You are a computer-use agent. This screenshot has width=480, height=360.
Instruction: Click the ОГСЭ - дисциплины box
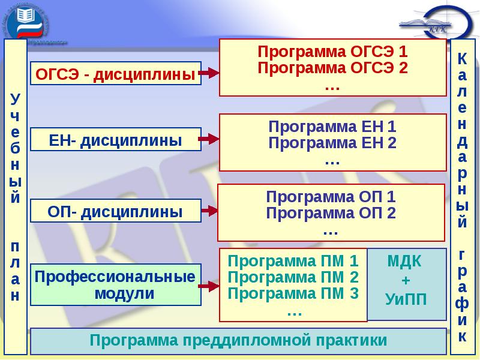click(115, 74)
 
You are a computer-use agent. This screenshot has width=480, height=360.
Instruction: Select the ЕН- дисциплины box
click(115, 140)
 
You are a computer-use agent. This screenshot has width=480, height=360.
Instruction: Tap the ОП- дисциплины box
click(115, 211)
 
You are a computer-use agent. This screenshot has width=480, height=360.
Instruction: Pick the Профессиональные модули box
click(115, 285)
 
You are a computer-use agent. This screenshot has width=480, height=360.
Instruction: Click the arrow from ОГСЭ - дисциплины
click(209, 73)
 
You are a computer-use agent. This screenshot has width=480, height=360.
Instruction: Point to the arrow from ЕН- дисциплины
click(209, 139)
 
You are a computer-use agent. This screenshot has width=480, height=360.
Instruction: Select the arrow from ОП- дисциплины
click(209, 211)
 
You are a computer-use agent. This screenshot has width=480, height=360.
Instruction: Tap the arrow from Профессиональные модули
click(209, 286)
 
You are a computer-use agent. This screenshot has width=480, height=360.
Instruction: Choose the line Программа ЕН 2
click(332, 143)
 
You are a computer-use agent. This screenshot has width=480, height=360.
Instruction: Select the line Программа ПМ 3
click(293, 294)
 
